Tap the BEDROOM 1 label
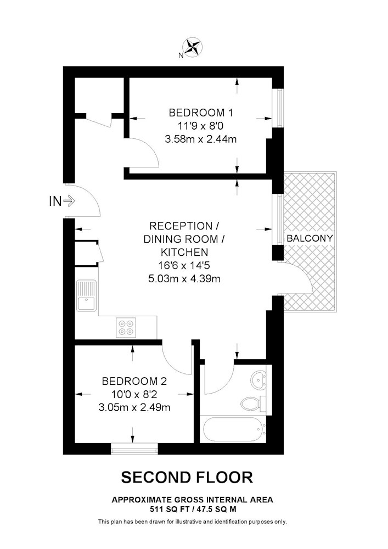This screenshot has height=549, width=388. pos(201,113)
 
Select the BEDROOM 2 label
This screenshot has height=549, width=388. pos(134,381)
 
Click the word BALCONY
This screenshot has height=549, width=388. pos(310,238)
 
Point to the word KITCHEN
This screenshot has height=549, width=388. pos(184,252)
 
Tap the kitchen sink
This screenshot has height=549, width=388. pos(86,295)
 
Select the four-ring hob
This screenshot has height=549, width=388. pos(126,328)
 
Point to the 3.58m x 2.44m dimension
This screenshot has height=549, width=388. pos(201,139)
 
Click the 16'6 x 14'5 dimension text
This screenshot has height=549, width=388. pos(184,265)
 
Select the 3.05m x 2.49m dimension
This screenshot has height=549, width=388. pos(134,407)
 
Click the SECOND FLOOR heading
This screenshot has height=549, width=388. pos(187,477)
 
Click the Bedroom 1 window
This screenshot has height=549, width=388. pos(279,108)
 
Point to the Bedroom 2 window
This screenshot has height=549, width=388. pos(134,449)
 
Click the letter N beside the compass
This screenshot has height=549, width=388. pos(181,55)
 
